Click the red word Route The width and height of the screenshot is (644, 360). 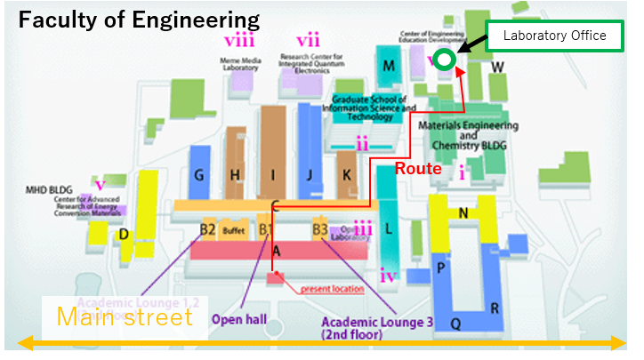418,167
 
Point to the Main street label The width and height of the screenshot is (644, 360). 125,317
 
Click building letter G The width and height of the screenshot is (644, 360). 198,174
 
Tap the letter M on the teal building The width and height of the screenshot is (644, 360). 388,66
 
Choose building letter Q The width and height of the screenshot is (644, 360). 455,324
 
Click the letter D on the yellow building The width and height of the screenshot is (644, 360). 124,235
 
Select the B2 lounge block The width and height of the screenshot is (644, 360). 208,229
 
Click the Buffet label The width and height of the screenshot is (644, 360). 233,230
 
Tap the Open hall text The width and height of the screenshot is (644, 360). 239,317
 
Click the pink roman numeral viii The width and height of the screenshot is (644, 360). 239,40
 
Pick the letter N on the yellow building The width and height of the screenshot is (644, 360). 463,213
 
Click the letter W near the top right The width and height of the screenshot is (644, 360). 498,67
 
